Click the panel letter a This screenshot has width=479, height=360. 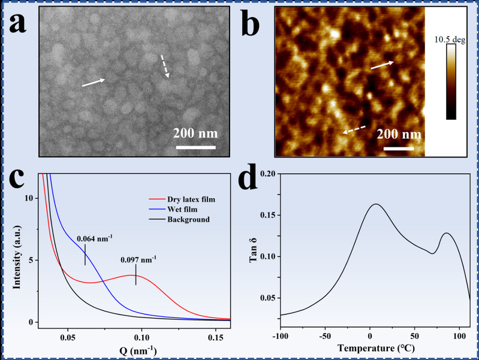19,25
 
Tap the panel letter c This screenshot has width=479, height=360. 17,179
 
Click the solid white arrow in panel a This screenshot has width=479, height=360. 94,83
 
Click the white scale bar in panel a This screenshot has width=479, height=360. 194,146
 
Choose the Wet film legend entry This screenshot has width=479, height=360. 177,209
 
